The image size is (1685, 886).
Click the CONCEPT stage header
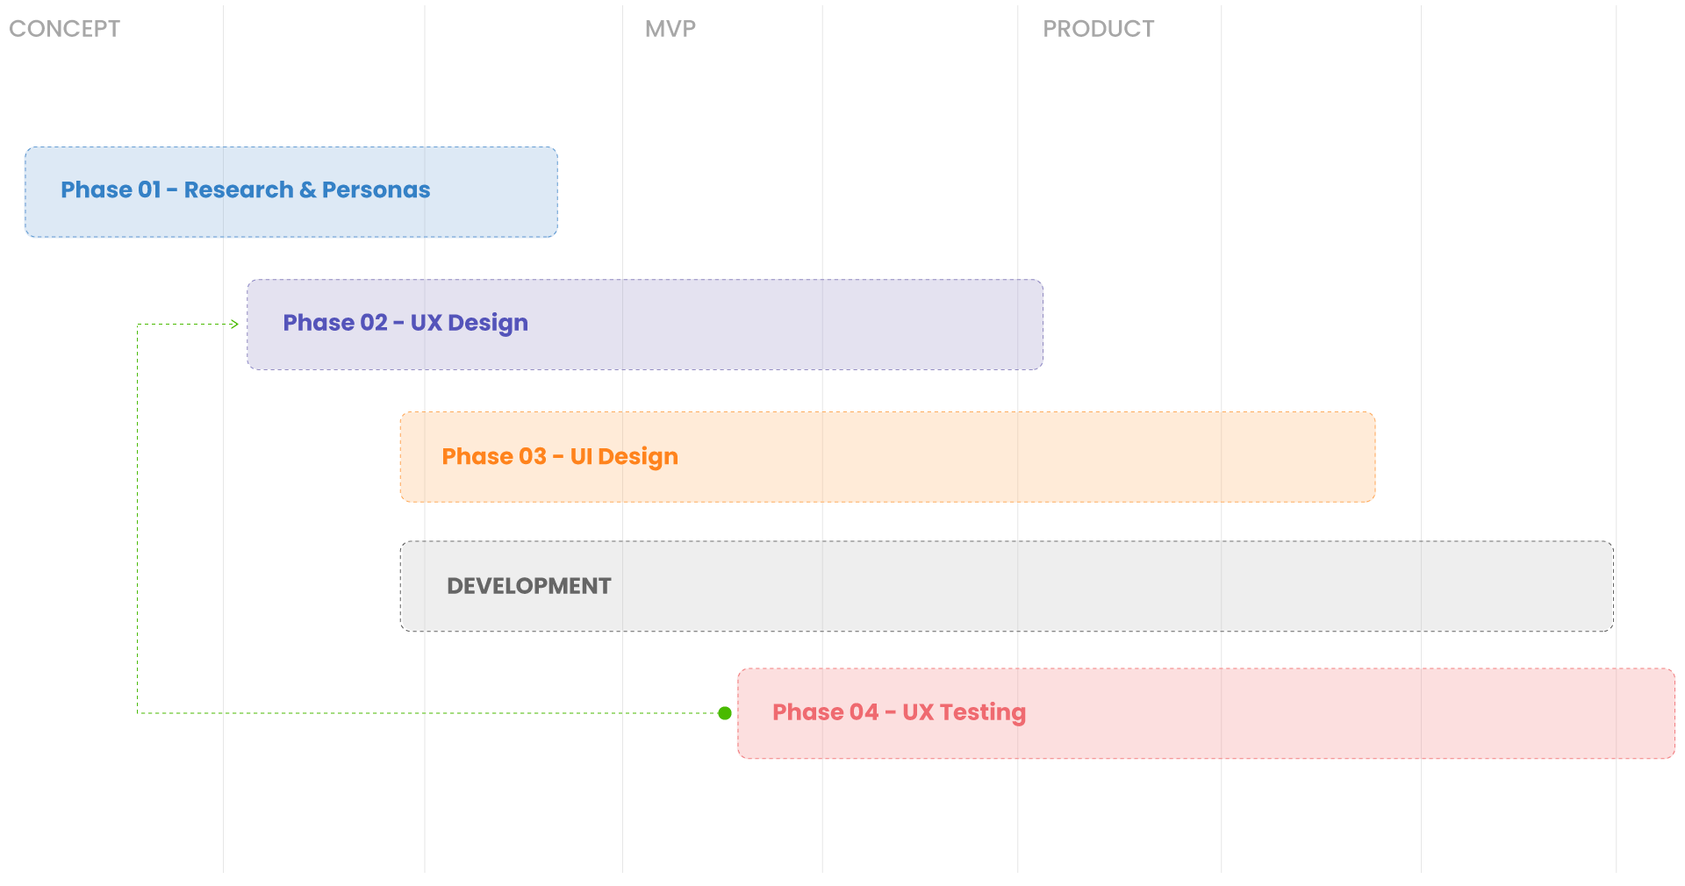point(64,29)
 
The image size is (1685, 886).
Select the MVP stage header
point(670,29)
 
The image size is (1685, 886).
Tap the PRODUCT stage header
point(1098,29)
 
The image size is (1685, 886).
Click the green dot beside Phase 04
point(725,713)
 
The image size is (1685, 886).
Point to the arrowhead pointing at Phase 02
point(234,325)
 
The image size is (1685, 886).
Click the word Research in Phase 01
point(239,189)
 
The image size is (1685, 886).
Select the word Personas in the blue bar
point(376,189)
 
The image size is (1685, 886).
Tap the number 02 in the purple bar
point(374,323)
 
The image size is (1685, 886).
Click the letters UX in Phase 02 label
point(426,323)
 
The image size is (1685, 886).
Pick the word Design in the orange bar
point(638,457)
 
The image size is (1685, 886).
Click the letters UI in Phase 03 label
point(581,456)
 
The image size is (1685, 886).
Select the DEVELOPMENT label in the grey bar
point(529,586)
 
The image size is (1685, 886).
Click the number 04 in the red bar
point(864,712)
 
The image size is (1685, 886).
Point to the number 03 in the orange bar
point(533,456)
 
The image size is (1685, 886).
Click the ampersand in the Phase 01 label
point(308,189)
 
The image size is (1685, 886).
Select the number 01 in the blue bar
point(149,189)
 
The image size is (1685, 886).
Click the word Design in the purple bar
point(488,324)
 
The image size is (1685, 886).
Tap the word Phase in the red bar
point(807,712)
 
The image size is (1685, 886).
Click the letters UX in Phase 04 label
point(918,712)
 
